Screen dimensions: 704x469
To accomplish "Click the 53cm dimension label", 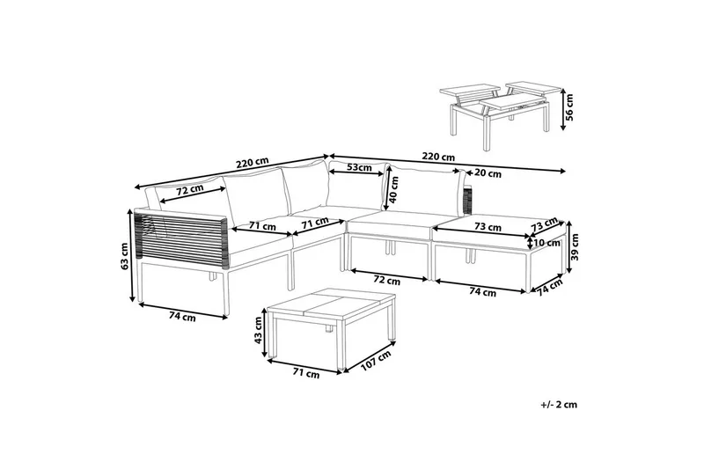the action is pos(360,167).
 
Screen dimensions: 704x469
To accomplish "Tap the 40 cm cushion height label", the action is pos(394,189).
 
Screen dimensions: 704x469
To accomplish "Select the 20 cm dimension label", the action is pos(488,173).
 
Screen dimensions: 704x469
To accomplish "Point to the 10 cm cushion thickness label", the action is pos(547,243).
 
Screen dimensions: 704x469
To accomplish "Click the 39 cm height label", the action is pos(575,247).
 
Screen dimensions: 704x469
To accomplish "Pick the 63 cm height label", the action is pos(125,256).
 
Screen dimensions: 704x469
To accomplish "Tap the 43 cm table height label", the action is pos(258,330).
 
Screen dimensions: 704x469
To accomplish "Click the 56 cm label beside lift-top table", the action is pos(569,106).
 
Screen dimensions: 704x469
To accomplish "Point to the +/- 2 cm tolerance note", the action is pos(559,405).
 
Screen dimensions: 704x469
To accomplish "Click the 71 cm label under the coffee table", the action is pos(306,373).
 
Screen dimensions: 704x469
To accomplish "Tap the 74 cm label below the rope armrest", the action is pos(182,317).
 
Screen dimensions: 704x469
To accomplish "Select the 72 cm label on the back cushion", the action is pos(189,189).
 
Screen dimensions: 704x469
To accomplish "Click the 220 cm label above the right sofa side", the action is pos(438,158).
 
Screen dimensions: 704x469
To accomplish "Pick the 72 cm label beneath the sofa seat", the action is pos(387,281).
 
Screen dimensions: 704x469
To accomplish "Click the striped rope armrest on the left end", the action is pos(182,238).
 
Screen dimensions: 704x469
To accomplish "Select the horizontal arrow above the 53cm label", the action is pos(357,174).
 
